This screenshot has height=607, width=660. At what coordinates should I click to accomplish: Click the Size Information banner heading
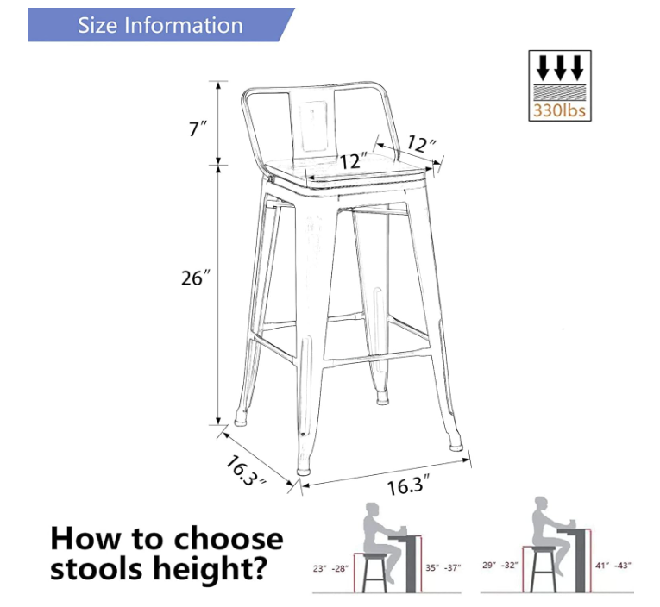pyautogui.click(x=160, y=25)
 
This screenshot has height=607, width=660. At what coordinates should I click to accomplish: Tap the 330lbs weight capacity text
pyautogui.click(x=559, y=110)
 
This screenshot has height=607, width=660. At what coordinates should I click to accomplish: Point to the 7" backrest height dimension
pyautogui.click(x=198, y=128)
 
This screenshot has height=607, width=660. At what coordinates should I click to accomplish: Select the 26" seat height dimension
pyautogui.click(x=195, y=278)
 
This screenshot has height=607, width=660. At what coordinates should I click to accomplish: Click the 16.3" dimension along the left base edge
pyautogui.click(x=246, y=471)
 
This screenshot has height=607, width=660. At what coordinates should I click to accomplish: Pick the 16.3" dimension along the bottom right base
pyautogui.click(x=408, y=485)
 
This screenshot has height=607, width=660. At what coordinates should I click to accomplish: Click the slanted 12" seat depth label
pyautogui.click(x=421, y=144)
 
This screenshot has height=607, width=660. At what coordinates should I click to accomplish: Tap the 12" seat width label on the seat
pyautogui.click(x=354, y=161)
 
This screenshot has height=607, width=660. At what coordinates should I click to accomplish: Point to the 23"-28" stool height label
pyautogui.click(x=330, y=569)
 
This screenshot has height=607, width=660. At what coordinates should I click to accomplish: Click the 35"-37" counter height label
pyautogui.click(x=443, y=568)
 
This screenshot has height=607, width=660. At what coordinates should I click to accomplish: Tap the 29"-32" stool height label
pyautogui.click(x=500, y=565)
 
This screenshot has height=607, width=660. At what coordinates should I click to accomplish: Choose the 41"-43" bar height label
pyautogui.click(x=613, y=566)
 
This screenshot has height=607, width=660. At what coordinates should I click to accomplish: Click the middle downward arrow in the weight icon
pyautogui.click(x=560, y=67)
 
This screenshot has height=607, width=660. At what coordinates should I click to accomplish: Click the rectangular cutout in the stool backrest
pyautogui.click(x=313, y=126)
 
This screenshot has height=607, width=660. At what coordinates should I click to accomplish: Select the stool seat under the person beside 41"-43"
pyautogui.click(x=544, y=548)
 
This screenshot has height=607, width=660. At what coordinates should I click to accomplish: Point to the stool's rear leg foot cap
pyautogui.click(x=382, y=397)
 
